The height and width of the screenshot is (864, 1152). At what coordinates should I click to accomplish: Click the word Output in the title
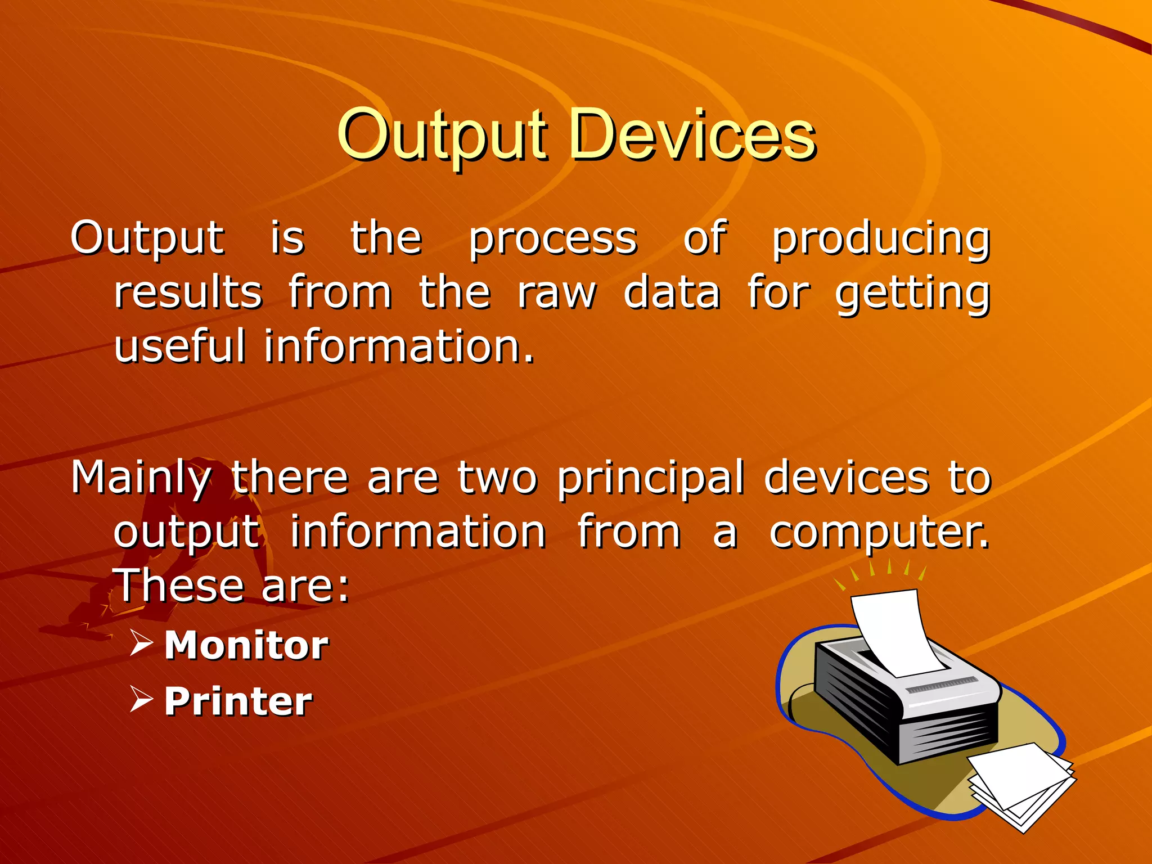coord(442,135)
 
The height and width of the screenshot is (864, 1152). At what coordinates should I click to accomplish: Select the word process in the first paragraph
coord(553,239)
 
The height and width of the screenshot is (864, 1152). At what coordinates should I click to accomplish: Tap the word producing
coord(880,239)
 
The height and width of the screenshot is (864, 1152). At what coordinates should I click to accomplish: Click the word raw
coord(556,294)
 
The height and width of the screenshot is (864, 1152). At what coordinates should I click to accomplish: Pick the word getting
coord(912,294)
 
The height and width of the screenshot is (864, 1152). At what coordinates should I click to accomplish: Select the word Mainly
coord(141,478)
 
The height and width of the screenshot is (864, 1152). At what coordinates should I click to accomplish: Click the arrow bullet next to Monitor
coord(141,643)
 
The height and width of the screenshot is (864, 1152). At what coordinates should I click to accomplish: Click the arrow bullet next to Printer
coord(141,699)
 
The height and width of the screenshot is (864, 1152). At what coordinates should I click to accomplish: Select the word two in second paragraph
coord(497,478)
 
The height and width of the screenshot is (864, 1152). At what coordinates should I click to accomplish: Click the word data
coord(672,294)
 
